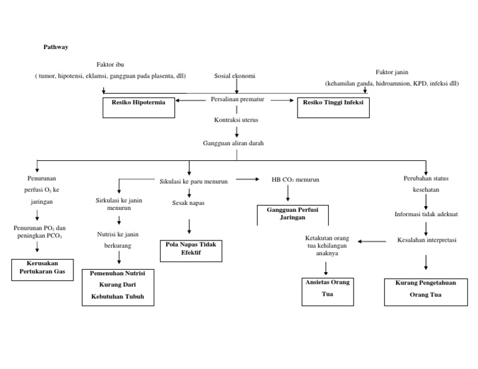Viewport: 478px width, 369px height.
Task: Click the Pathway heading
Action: coord(55,47)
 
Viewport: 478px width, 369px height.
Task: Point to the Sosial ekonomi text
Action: coord(235,76)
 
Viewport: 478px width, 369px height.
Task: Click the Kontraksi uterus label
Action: coord(237,119)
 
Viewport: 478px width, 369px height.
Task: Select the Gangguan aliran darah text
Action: coord(233,143)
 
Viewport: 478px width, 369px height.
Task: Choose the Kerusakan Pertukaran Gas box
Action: coord(42,270)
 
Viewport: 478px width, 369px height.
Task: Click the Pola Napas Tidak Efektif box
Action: coord(191,248)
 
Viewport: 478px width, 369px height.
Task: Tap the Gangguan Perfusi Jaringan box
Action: coord(293,214)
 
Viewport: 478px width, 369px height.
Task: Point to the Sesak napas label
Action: coord(188,203)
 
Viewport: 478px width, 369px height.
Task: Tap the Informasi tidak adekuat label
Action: coord(426,214)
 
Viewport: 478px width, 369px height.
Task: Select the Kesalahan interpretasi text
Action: coord(426,240)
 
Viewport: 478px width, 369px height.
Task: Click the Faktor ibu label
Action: coord(110,65)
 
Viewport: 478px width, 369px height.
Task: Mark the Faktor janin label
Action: coord(392,72)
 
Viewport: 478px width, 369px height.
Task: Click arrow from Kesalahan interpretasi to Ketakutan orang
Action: coord(372,241)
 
